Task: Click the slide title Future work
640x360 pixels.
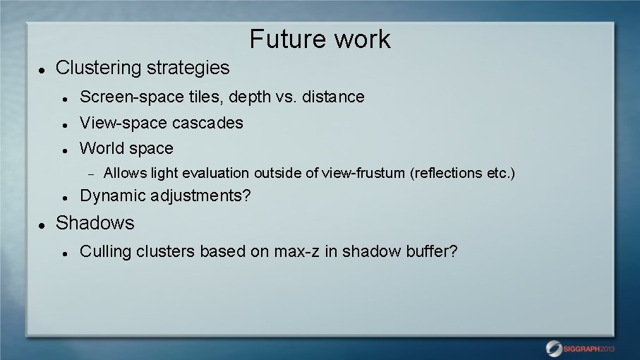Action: [x=320, y=39]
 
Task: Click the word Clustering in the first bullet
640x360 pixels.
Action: [x=99, y=68]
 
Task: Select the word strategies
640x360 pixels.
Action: [x=188, y=68]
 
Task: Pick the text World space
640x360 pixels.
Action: [x=126, y=148]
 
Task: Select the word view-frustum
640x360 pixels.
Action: [x=365, y=173]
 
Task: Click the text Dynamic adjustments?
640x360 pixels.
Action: [x=165, y=196]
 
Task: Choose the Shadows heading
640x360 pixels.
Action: [x=95, y=223]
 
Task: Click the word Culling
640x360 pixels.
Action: [x=105, y=251]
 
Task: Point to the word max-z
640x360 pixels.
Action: [x=293, y=251]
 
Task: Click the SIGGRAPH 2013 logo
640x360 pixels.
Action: [x=580, y=348]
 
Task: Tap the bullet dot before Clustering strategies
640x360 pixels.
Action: [x=42, y=69]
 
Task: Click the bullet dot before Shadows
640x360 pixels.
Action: [x=42, y=224]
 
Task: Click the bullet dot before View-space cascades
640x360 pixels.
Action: [x=64, y=124]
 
